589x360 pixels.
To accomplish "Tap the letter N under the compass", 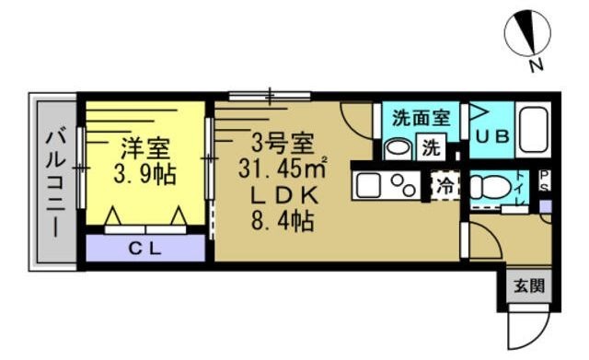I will pyautogui.click(x=535, y=66).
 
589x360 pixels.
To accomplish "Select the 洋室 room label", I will pyautogui.click(x=144, y=147).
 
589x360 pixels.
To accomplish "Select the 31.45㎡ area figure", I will pyautogui.click(x=290, y=169).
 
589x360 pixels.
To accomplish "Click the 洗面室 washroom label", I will pyautogui.click(x=420, y=118).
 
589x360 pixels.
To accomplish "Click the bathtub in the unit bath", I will pyautogui.click(x=533, y=131).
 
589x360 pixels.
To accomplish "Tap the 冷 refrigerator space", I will pyautogui.click(x=445, y=184).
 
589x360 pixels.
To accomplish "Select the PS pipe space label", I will pyautogui.click(x=545, y=180).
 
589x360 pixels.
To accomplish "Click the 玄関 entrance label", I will pyautogui.click(x=528, y=285).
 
